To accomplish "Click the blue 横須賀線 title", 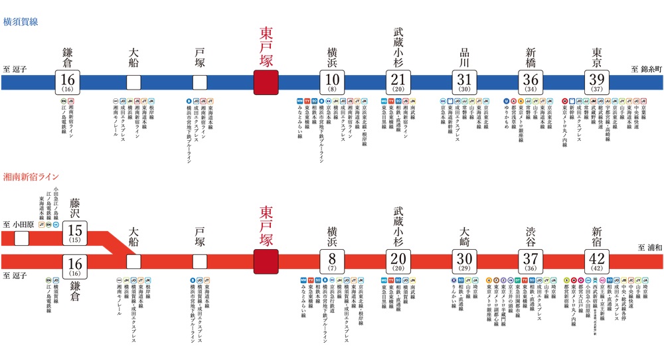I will coord(21,21).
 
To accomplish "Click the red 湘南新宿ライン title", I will coord(31,177).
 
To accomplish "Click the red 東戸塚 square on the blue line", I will coord(266,82).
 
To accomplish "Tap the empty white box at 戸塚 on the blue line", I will coord(200,82).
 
